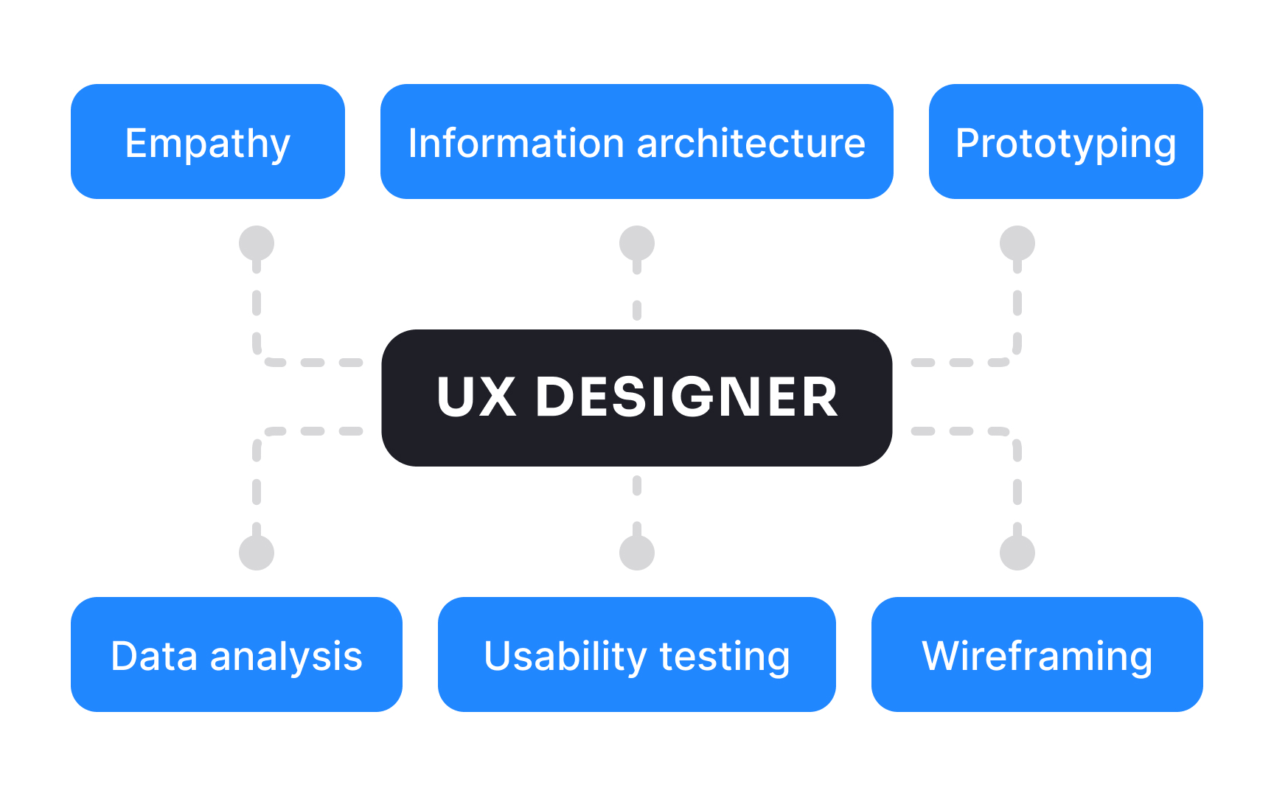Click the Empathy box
click(x=208, y=142)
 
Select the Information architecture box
click(x=636, y=142)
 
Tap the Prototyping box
click(x=1065, y=142)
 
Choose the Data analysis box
click(x=236, y=654)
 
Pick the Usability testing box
click(x=636, y=654)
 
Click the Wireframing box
click(x=1037, y=654)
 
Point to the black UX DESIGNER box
click(x=636, y=397)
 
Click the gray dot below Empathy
click(x=257, y=243)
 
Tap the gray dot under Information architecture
click(x=637, y=243)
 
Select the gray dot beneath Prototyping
click(x=1017, y=243)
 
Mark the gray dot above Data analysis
click(x=257, y=553)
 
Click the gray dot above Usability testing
click(x=637, y=553)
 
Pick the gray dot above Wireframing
click(x=1017, y=553)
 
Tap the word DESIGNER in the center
click(x=686, y=397)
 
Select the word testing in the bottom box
click(x=725, y=656)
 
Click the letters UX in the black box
click(x=476, y=397)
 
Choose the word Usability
click(x=565, y=656)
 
